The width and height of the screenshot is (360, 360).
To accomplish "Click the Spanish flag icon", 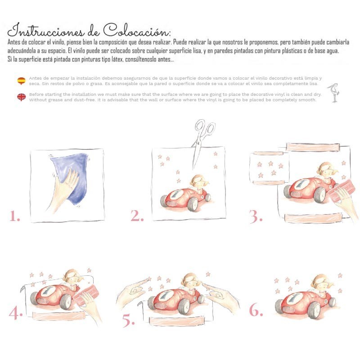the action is pyautogui.click(x=21, y=81).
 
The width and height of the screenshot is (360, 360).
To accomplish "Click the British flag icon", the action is pyautogui.click(x=21, y=97).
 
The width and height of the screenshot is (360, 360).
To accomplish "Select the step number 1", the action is pyautogui.click(x=14, y=216).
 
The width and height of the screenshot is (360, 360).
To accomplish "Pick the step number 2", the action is pyautogui.click(x=137, y=216).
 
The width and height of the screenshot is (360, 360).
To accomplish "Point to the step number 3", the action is pyautogui.click(x=256, y=216).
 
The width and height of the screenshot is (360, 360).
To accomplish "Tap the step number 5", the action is pyautogui.click(x=128, y=320).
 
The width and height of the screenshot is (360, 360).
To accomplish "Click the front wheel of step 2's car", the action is pyautogui.click(x=193, y=204).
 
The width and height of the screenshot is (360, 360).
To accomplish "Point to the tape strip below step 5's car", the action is pyautogui.click(x=176, y=320).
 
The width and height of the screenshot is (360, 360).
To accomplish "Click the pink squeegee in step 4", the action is pyautogui.click(x=86, y=295).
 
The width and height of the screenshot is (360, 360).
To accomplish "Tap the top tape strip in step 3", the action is pyautogui.click(x=313, y=147).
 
